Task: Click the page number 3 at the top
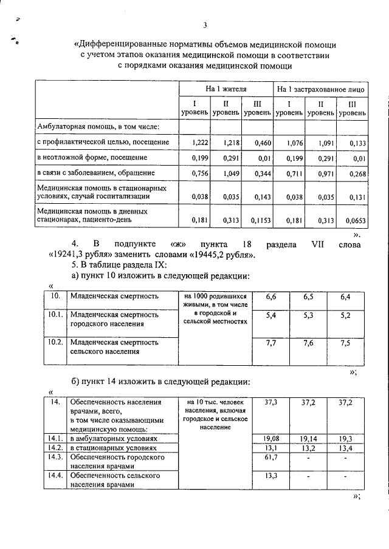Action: click(x=205, y=25)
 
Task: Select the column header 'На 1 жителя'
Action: click(x=225, y=89)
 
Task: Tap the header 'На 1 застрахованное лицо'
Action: click(x=320, y=89)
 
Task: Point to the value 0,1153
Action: click(x=259, y=220)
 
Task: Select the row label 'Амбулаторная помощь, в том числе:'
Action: click(x=98, y=127)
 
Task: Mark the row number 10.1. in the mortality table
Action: click(x=56, y=315)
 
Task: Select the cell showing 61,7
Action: click(x=271, y=457)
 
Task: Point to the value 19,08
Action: click(x=271, y=438)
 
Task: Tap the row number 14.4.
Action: click(x=56, y=476)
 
